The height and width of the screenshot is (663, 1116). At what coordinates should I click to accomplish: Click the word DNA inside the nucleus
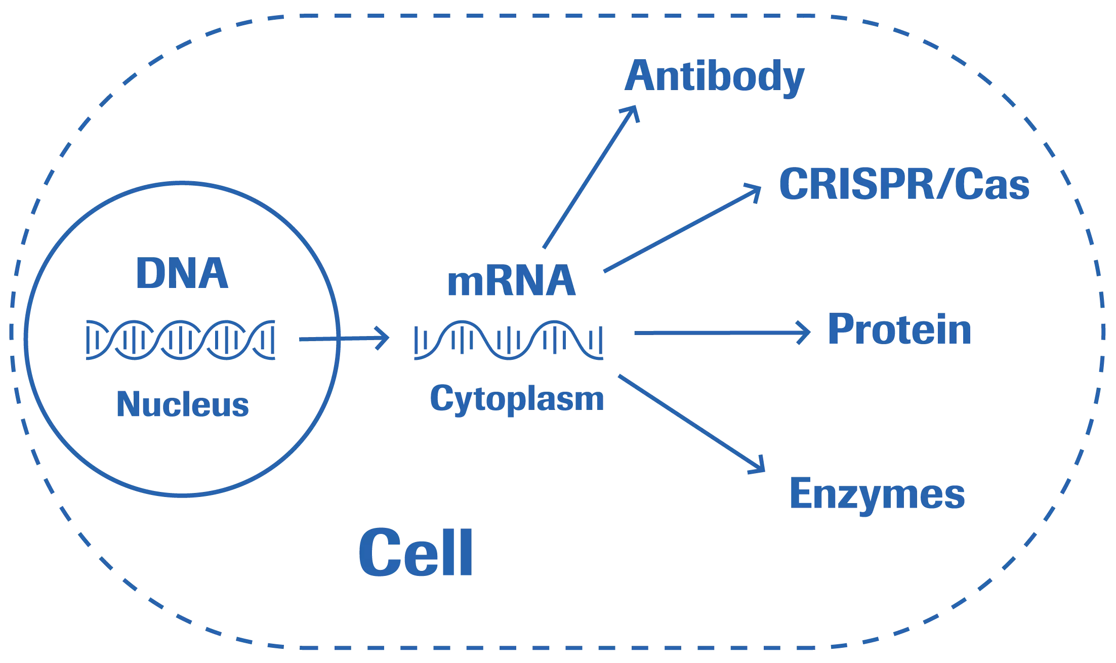pos(182,273)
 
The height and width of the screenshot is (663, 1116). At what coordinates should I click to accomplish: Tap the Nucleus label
pos(182,404)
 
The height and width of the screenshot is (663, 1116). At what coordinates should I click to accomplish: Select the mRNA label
pos(511,281)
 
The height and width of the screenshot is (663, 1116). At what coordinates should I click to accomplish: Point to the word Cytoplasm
pos(517,399)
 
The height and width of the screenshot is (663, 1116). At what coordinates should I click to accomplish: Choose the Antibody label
pos(714,76)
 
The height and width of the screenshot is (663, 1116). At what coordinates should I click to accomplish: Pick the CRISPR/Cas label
pos(904,184)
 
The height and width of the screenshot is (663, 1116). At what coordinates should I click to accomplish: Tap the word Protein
pos(899,329)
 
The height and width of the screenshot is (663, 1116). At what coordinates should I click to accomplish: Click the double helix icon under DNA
pos(181,340)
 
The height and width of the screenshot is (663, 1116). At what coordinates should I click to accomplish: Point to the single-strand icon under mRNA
pos(509,340)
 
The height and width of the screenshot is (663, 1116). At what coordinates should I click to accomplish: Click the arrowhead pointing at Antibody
pos(633,111)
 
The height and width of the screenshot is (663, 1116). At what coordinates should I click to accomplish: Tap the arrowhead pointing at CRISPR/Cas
pos(755,191)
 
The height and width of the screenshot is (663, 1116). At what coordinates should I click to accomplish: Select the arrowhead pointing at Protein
pos(805,333)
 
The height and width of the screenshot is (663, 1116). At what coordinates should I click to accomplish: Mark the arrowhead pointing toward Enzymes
pos(759,467)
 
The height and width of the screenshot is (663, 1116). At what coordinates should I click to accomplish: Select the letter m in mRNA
pos(465,283)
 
